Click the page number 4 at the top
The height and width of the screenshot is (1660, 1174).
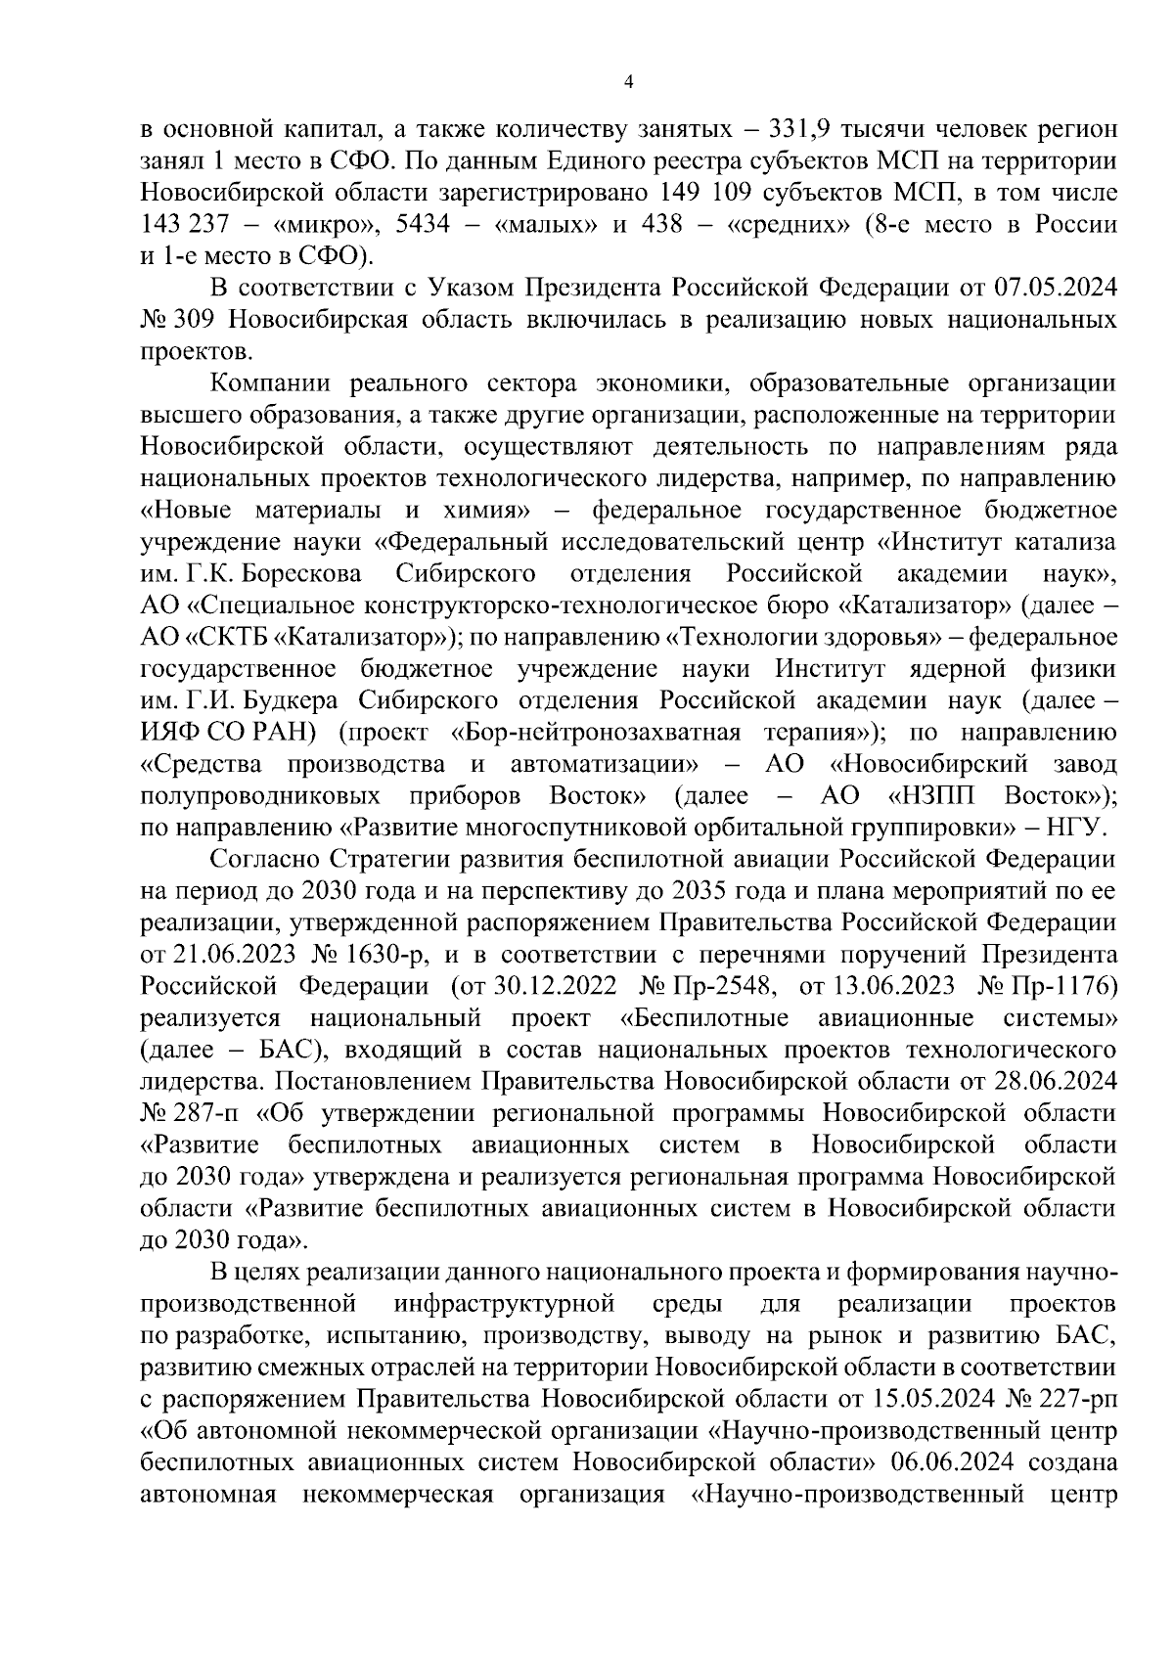pyautogui.click(x=628, y=84)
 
